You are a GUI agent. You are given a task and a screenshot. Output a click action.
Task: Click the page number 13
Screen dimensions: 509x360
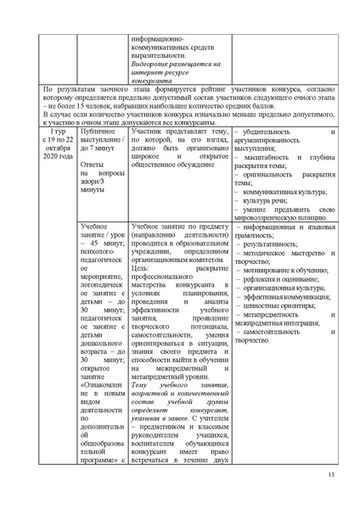coord(330,484)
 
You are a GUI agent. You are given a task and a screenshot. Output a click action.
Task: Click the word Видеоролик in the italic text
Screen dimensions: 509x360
coord(150,64)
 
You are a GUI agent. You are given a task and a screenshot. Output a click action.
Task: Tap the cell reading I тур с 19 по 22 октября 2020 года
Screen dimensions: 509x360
coord(55,146)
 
